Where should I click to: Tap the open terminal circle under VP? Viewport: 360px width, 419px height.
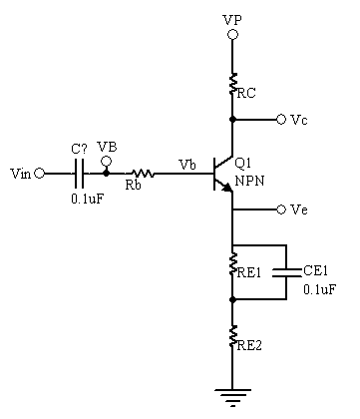coord(232,35)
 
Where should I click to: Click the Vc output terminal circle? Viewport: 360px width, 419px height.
coord(281,119)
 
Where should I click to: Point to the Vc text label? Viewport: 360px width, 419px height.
coord(299,119)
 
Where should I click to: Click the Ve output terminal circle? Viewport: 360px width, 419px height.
coord(281,209)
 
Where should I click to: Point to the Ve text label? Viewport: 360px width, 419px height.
coord(299,209)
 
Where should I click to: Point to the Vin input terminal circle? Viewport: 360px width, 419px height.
coord(40,173)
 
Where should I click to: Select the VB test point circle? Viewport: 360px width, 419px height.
coord(107,159)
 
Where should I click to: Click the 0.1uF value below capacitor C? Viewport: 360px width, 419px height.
coord(84,199)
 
